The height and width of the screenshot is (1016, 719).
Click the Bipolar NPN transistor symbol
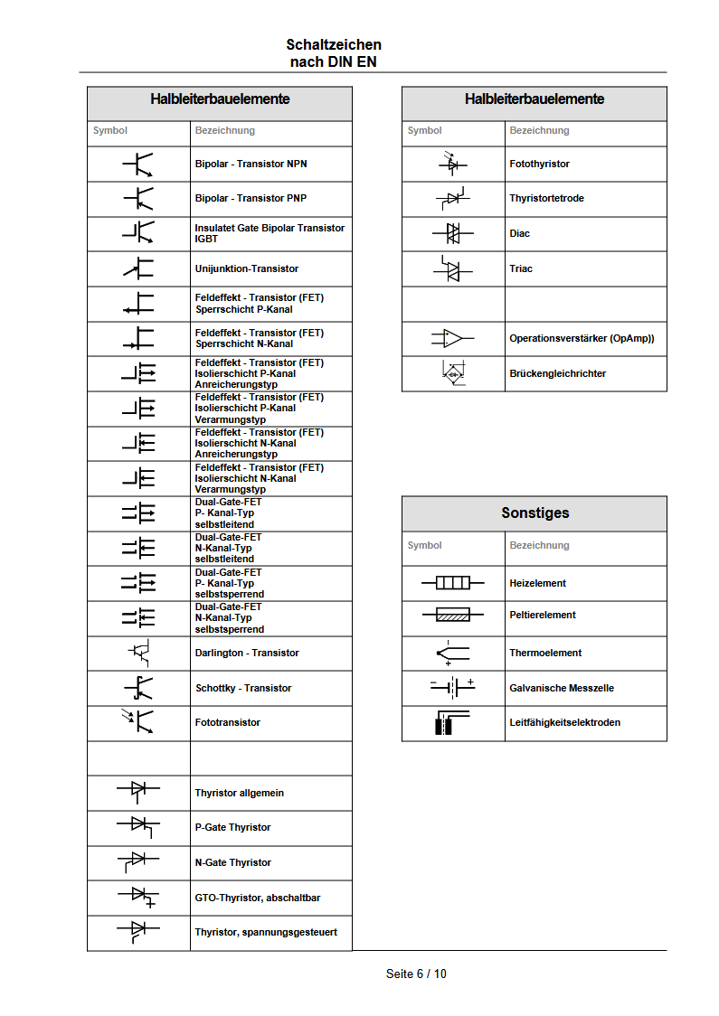(x=138, y=164)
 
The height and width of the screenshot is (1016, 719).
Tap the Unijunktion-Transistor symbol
(x=138, y=268)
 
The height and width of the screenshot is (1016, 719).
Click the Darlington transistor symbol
(x=138, y=652)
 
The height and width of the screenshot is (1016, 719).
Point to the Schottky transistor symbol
(x=138, y=688)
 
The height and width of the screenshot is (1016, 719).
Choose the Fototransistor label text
(x=227, y=722)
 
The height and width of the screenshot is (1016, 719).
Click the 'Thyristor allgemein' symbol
(x=138, y=791)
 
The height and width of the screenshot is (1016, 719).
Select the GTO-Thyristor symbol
(x=138, y=896)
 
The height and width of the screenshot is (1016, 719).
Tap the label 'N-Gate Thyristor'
(x=232, y=862)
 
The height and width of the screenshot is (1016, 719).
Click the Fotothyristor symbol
(x=453, y=163)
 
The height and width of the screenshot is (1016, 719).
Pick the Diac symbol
(x=453, y=233)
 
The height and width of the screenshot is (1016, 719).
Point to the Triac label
(x=521, y=268)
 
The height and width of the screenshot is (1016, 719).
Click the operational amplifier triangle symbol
(x=453, y=339)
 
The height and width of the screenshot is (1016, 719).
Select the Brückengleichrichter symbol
(x=453, y=373)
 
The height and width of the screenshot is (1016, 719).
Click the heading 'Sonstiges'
(x=535, y=513)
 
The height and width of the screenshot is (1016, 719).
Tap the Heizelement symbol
(x=453, y=583)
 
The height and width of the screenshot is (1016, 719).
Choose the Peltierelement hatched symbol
(x=453, y=615)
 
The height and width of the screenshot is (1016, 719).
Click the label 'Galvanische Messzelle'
(x=562, y=688)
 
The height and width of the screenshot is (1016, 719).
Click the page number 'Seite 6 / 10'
(x=416, y=974)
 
